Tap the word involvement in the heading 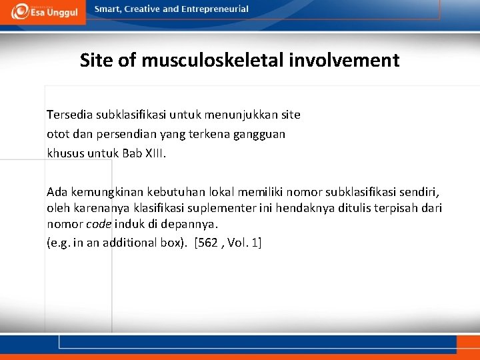(x=344, y=61)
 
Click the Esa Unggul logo (x=43, y=11)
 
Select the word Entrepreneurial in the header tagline (x=216, y=9)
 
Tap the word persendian (x=126, y=134)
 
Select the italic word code (x=98, y=225)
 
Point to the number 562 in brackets (x=207, y=242)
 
